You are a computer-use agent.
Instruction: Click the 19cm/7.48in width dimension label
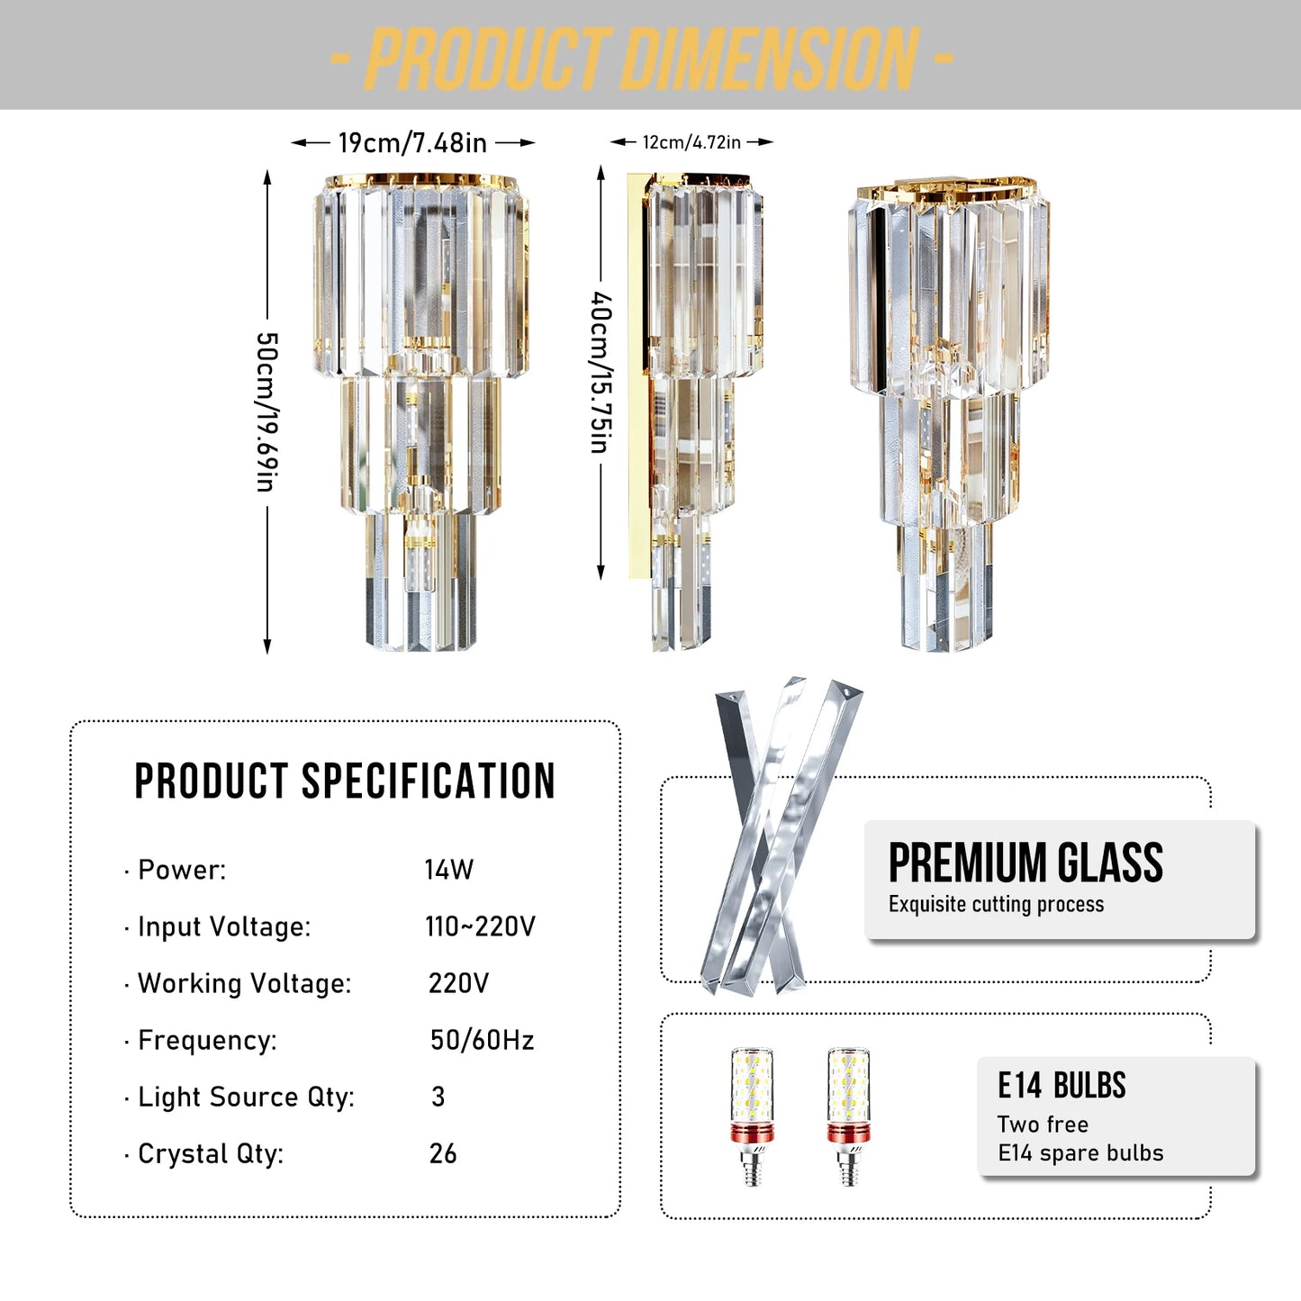tap(412, 142)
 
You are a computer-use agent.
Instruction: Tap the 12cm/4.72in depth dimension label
tap(691, 142)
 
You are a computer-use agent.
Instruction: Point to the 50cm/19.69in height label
tap(267, 411)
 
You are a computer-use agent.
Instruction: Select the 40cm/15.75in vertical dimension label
tap(601, 372)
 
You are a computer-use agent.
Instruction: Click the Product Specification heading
tap(344, 781)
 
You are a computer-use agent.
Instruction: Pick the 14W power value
tap(448, 870)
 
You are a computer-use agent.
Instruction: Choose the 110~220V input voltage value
tap(480, 926)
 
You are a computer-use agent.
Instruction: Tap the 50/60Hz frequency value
tap(482, 1040)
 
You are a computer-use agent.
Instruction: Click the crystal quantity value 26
tap(443, 1153)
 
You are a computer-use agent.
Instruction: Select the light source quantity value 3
tap(438, 1097)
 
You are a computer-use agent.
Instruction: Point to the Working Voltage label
tap(244, 983)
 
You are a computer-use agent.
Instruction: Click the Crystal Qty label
tap(210, 1153)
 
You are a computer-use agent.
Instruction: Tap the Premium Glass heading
tap(1025, 863)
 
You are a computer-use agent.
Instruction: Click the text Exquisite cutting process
tap(996, 904)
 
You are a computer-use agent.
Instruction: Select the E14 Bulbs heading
tap(1062, 1086)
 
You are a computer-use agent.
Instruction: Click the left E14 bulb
tap(752, 1116)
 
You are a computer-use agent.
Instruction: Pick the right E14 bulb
tap(848, 1116)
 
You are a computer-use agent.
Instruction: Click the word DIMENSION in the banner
tap(770, 59)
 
